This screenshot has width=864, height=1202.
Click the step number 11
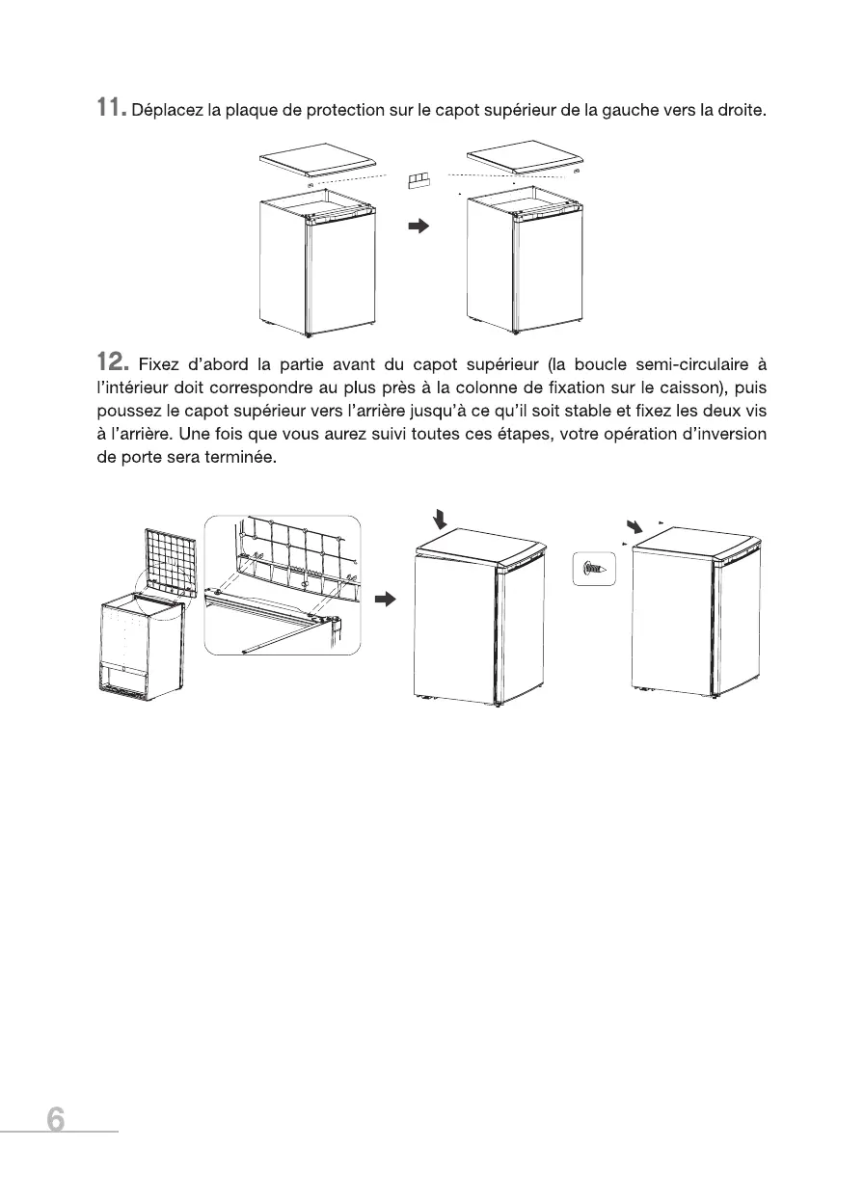click(111, 109)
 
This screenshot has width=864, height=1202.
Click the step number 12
click(113, 363)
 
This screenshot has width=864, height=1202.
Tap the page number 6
click(56, 1120)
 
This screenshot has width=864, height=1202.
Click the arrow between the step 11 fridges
click(417, 227)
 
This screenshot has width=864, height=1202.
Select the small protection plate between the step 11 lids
click(418, 179)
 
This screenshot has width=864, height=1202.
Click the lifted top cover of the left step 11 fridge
click(318, 159)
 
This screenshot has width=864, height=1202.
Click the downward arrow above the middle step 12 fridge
click(441, 521)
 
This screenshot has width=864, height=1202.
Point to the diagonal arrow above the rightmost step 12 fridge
click(633, 527)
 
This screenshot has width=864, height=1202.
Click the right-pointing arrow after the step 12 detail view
click(386, 600)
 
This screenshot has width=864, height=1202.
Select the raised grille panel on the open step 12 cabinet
click(171, 562)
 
